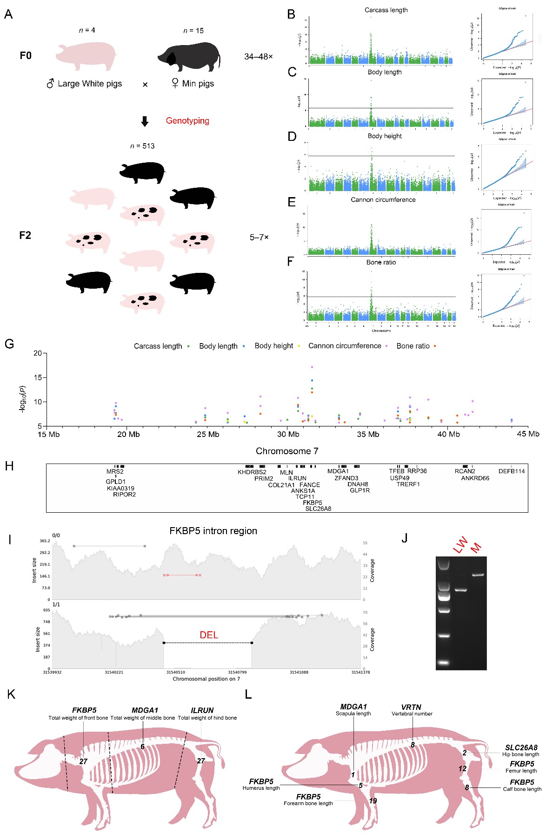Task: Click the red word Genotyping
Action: [187, 121]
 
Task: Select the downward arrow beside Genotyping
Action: [145, 121]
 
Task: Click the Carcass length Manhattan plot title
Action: [386, 10]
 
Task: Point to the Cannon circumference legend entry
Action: [345, 346]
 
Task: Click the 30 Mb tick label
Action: [288, 434]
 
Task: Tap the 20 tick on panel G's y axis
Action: [38, 353]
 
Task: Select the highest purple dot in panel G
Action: [312, 367]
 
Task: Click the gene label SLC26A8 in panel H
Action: [318, 509]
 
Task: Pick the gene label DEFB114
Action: [512, 471]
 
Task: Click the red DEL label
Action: [209, 635]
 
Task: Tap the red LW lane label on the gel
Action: [460, 545]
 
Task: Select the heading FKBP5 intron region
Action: [213, 531]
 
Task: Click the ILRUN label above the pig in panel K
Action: [202, 710]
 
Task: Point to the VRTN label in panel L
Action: [411, 707]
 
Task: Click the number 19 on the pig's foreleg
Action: [373, 800]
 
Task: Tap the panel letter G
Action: [9, 344]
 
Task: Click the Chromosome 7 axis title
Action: [287, 451]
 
